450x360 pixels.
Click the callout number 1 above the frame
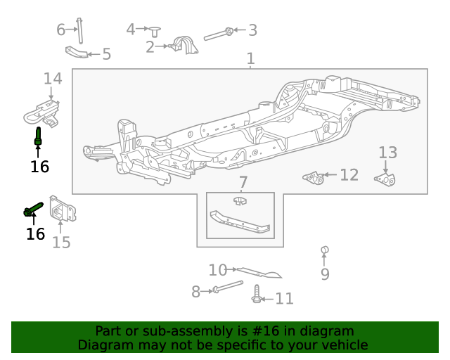(251, 59)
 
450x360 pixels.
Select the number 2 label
(150, 47)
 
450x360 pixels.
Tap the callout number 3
(252, 30)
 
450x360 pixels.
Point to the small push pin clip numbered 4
(155, 30)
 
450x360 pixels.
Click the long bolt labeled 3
(217, 33)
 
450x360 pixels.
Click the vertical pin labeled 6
(80, 30)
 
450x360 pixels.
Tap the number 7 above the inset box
(243, 183)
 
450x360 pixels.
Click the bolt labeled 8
(226, 288)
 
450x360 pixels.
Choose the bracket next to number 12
(314, 176)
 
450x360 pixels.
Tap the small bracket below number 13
(385, 180)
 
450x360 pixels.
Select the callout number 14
(53, 78)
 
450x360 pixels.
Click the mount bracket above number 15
(62, 210)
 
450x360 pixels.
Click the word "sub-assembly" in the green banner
(172, 331)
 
